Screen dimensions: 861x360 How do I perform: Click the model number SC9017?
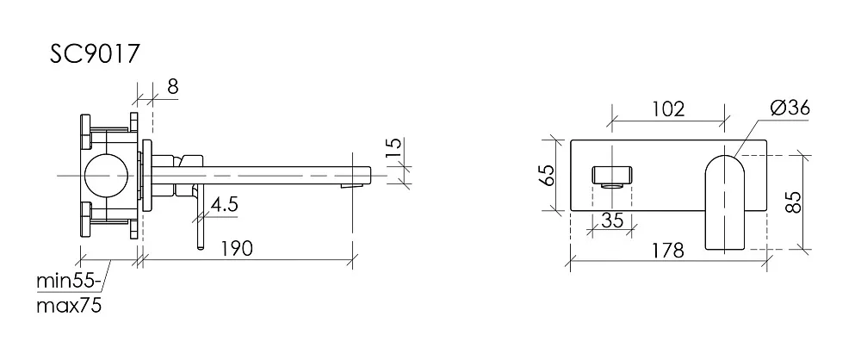click(96, 54)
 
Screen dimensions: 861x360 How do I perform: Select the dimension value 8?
click(172, 86)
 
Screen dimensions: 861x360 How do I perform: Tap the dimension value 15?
click(393, 147)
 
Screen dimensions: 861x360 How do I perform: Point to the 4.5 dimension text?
click(224, 205)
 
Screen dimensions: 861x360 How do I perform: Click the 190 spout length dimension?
click(237, 248)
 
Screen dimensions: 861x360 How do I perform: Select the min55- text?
click(69, 282)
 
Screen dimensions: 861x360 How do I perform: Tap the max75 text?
click(69, 306)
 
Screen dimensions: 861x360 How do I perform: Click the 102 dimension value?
click(668, 109)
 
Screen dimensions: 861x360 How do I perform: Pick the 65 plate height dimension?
click(548, 176)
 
